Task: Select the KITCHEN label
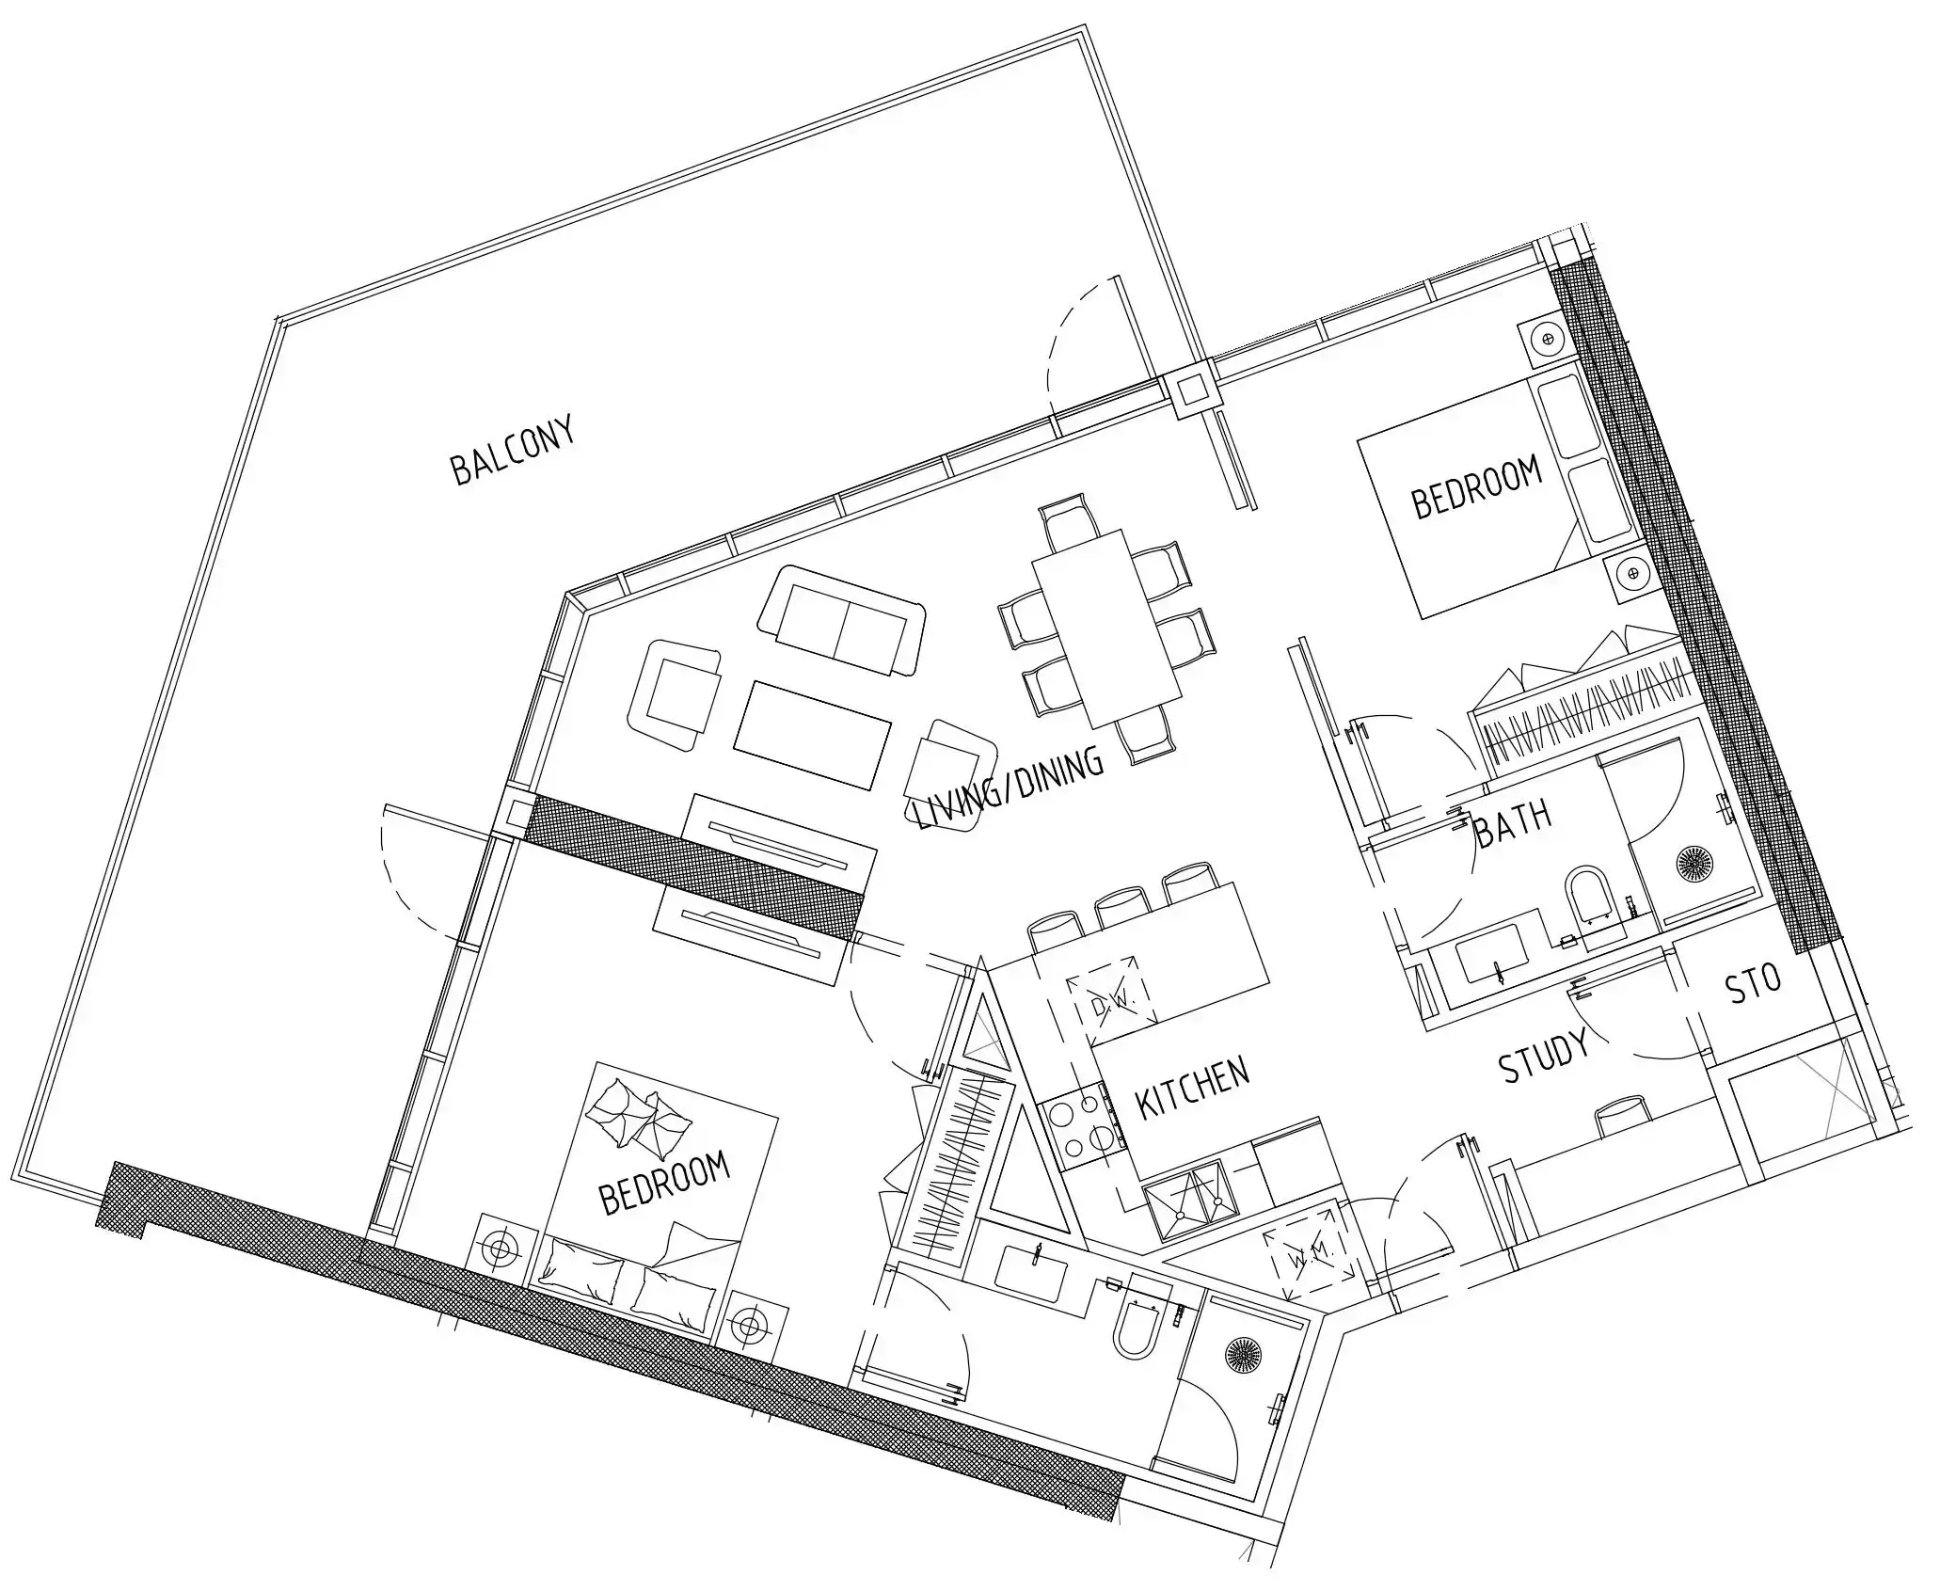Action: pos(1193,1089)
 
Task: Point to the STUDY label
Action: pos(1543,1055)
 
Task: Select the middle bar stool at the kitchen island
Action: pos(1123,909)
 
